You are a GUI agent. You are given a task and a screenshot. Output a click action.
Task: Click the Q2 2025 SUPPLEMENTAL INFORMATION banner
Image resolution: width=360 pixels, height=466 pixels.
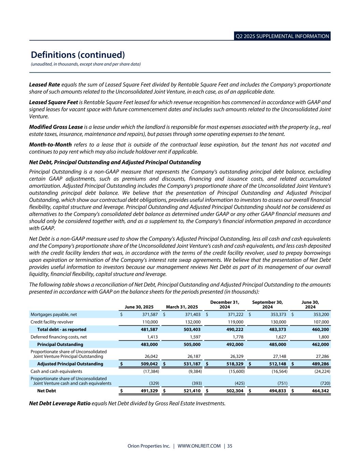click(282, 36)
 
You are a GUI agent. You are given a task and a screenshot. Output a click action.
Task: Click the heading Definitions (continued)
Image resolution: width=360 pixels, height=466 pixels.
click(78, 55)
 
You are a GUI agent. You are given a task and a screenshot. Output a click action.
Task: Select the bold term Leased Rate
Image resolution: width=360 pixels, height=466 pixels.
click(44, 84)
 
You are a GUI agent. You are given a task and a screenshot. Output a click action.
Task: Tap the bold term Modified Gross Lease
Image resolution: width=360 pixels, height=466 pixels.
click(56, 127)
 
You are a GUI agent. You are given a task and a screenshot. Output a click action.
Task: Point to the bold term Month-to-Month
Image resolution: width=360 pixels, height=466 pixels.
click(50, 144)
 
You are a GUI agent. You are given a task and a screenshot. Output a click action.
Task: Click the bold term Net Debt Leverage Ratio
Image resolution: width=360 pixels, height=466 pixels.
click(60, 403)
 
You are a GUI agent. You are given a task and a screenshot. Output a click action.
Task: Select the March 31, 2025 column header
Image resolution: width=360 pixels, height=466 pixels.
click(182, 307)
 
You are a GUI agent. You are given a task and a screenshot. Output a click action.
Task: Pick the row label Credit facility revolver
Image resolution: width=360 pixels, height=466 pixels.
click(52, 322)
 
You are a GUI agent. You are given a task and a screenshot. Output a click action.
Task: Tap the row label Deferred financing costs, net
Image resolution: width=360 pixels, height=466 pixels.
click(59, 337)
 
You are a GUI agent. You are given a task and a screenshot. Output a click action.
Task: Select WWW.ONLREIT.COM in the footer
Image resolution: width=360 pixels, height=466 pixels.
click(199, 446)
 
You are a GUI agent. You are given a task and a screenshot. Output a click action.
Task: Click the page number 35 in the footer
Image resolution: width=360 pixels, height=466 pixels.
click(230, 446)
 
